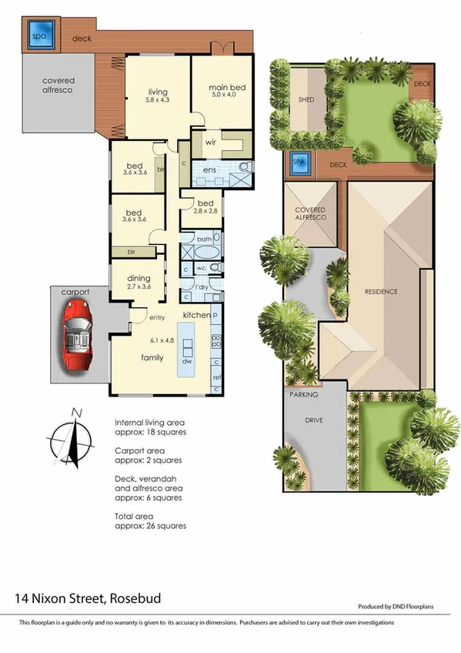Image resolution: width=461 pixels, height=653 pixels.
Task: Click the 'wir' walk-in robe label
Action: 209,142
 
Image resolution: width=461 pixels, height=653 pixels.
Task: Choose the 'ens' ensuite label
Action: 209,170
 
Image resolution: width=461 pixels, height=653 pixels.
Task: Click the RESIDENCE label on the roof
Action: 382,291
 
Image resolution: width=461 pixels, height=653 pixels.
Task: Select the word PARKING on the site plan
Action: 303,394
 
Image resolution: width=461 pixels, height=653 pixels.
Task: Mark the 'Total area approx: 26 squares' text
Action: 150,521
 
